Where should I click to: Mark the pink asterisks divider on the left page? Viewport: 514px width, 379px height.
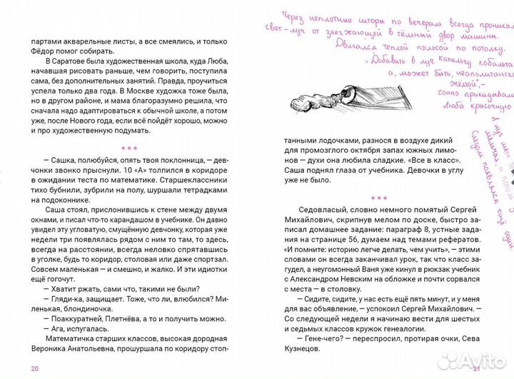(129, 149)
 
